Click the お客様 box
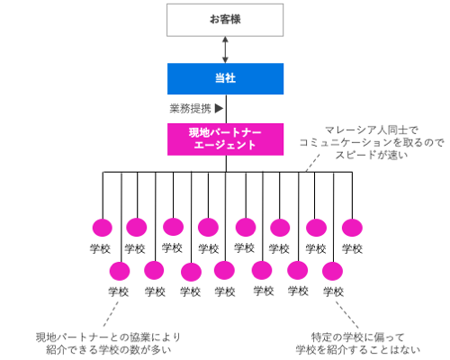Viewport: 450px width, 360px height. click(x=225, y=20)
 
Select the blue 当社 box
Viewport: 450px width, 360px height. click(x=225, y=78)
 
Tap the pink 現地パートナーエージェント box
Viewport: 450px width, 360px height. click(x=225, y=139)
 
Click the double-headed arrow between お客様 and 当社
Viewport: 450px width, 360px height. click(x=225, y=49)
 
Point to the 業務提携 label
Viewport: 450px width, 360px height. click(x=191, y=108)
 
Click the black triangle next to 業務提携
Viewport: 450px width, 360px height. click(x=219, y=108)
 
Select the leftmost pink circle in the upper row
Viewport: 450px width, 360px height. click(x=103, y=228)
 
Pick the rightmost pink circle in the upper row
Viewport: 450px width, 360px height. click(x=352, y=228)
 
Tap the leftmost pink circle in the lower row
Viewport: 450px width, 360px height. click(x=120, y=271)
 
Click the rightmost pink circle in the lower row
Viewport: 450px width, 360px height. click(x=332, y=271)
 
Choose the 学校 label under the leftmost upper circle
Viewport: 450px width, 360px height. click(x=100, y=248)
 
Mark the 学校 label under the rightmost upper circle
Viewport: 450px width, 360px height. click(x=352, y=248)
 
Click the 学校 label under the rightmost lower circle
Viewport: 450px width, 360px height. click(x=333, y=292)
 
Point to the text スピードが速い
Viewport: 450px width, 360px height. click(x=372, y=155)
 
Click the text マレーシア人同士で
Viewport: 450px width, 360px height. click(x=372, y=130)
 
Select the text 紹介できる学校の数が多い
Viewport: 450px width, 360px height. click(x=109, y=350)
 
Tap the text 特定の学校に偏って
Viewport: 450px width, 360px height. click(x=357, y=337)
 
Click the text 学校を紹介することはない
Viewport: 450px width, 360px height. click(x=357, y=350)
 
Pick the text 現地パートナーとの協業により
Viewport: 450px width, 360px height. click(x=108, y=337)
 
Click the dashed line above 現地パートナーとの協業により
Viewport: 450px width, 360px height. click(x=111, y=314)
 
